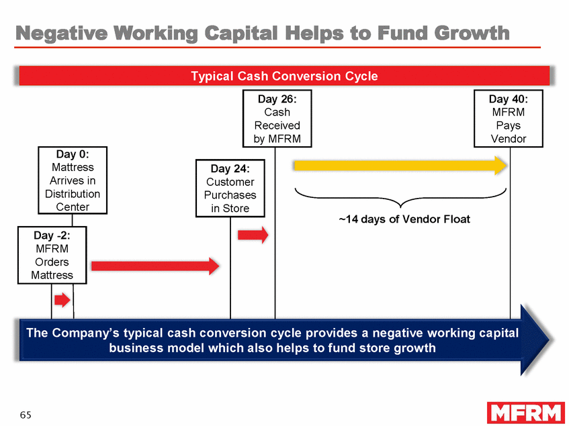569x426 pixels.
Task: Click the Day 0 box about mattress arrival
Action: (x=73, y=180)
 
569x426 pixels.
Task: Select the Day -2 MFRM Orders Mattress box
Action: (x=51, y=255)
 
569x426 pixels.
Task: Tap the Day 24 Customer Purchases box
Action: (x=230, y=188)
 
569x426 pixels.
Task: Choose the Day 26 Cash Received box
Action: (x=277, y=119)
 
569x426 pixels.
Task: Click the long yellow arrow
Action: (x=400, y=165)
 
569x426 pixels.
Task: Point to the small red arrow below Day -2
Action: (x=62, y=300)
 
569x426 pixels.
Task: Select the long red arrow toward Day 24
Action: (x=155, y=266)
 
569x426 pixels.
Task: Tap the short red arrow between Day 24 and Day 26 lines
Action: (x=253, y=235)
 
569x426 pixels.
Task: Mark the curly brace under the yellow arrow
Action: (x=400, y=197)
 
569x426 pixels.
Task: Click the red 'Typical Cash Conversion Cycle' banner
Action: (x=284, y=76)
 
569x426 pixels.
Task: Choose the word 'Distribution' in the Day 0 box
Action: (x=73, y=194)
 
